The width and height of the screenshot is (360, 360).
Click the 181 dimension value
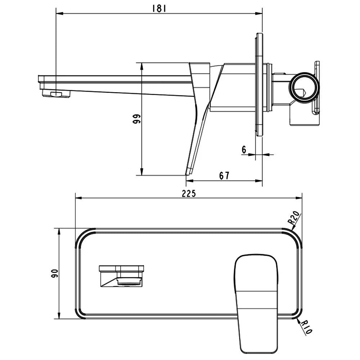click(x=159, y=9)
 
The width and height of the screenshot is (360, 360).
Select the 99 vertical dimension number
click(x=136, y=119)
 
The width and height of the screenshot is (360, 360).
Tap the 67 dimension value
click(x=224, y=176)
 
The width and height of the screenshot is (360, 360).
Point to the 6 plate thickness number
click(x=244, y=150)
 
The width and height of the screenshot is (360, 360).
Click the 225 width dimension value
click(x=189, y=194)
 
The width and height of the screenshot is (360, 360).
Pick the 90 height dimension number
click(x=55, y=274)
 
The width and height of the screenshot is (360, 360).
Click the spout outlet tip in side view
click(x=56, y=94)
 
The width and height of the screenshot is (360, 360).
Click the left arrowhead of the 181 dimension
click(x=59, y=14)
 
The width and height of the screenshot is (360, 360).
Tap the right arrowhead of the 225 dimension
click(x=299, y=199)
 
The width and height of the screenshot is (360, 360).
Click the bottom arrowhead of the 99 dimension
click(x=142, y=172)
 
